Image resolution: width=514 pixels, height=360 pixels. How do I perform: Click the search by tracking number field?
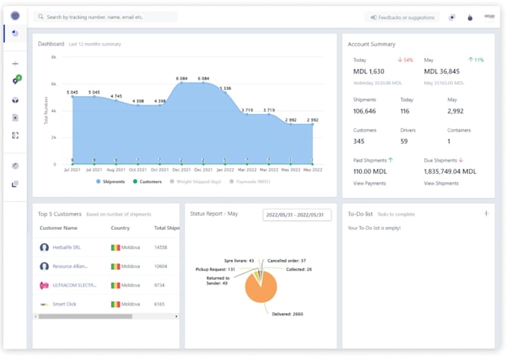[x=106, y=16]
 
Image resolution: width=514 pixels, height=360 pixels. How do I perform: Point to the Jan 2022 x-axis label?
[x=225, y=171]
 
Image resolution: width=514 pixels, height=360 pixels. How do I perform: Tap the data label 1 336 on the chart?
[x=225, y=88]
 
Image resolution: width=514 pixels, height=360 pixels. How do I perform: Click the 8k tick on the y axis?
[x=54, y=57]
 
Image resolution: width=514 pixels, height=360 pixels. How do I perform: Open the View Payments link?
[x=370, y=183]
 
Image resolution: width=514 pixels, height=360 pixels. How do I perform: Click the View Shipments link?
[x=441, y=183]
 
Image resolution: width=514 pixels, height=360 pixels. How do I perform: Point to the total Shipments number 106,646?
[x=370, y=111]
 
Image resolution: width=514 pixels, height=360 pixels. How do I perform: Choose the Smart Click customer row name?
[x=65, y=303]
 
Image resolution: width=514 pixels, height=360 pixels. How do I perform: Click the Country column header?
[x=120, y=228]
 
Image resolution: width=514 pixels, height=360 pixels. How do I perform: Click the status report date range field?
[x=297, y=215]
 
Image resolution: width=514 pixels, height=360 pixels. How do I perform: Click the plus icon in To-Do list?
[x=485, y=214]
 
